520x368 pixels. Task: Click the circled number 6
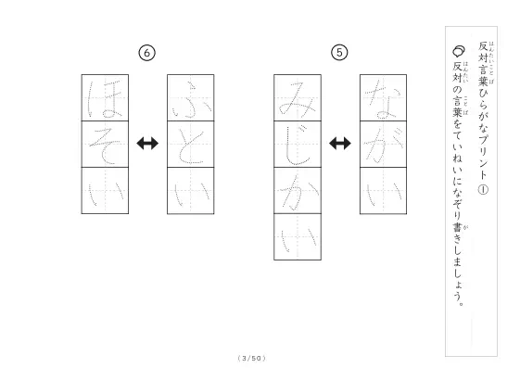pyautogui.click(x=146, y=53)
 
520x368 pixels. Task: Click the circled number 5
pyautogui.click(x=339, y=53)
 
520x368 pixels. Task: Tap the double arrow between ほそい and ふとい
pyautogui.click(x=147, y=144)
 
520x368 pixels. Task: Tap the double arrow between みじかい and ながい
pyautogui.click(x=340, y=144)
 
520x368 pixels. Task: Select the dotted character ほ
pyautogui.click(x=105, y=99)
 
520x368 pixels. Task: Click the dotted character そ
pyautogui.click(x=105, y=146)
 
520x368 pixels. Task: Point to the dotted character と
pyautogui.click(x=190, y=146)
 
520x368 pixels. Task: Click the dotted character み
pyautogui.click(x=298, y=99)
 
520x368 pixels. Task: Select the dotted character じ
pyautogui.click(x=298, y=146)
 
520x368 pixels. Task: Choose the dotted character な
pyautogui.click(x=384, y=99)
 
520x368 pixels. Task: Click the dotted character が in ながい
pyautogui.click(x=384, y=145)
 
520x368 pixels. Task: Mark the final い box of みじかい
pyautogui.click(x=298, y=236)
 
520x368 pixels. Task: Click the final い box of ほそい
pyautogui.click(x=105, y=190)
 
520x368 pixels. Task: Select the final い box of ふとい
pyautogui.click(x=191, y=191)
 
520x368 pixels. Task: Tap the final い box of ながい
pyautogui.click(x=384, y=191)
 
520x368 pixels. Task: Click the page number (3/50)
pyautogui.click(x=252, y=358)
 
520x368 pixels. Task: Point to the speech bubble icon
pyautogui.click(x=459, y=51)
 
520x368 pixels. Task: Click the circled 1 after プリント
pyautogui.click(x=483, y=189)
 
